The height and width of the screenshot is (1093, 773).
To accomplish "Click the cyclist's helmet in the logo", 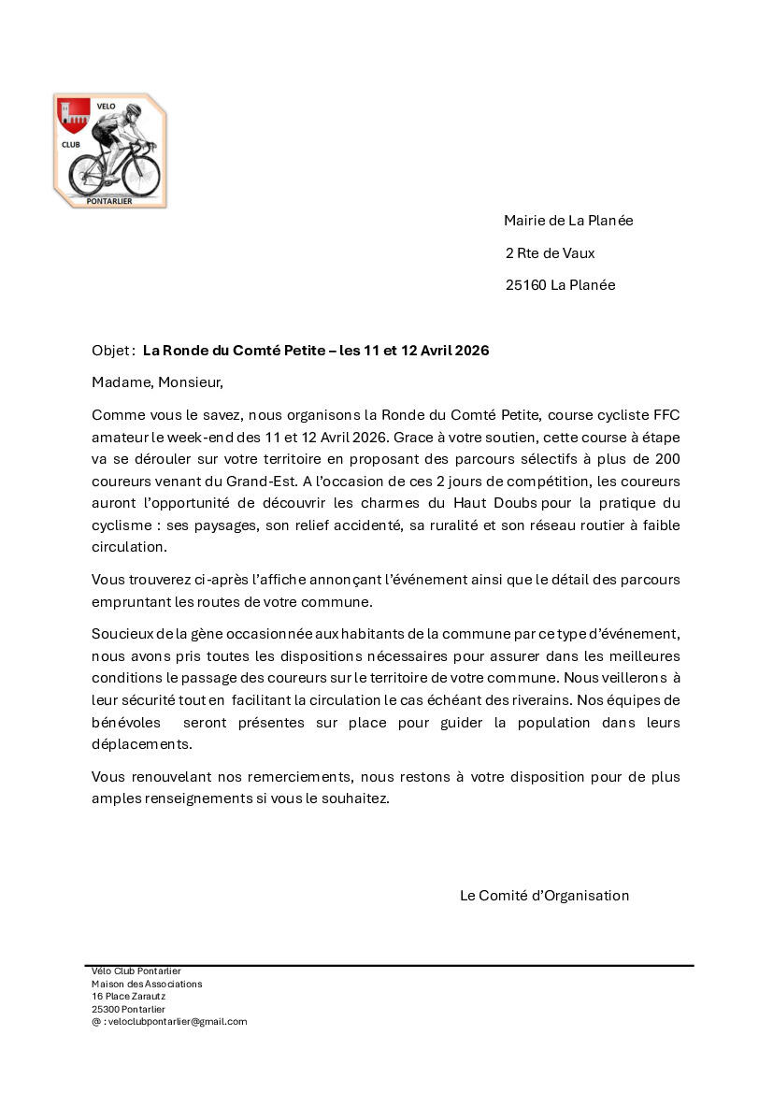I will (x=134, y=110).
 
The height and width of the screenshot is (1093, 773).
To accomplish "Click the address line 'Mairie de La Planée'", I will (x=568, y=221).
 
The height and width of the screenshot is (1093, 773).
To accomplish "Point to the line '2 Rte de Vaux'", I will (x=550, y=253).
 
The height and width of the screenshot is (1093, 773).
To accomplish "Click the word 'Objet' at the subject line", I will (x=112, y=351).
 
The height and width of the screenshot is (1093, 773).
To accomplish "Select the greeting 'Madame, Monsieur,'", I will (x=158, y=382).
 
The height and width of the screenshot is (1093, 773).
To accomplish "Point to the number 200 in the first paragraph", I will (x=667, y=459).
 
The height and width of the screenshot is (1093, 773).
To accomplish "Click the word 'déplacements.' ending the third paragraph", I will (x=142, y=744).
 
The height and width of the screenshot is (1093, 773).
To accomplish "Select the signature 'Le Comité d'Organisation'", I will (x=544, y=896).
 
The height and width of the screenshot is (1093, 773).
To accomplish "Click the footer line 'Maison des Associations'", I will (x=147, y=984).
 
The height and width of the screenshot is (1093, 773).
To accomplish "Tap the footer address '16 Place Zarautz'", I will (x=128, y=997).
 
